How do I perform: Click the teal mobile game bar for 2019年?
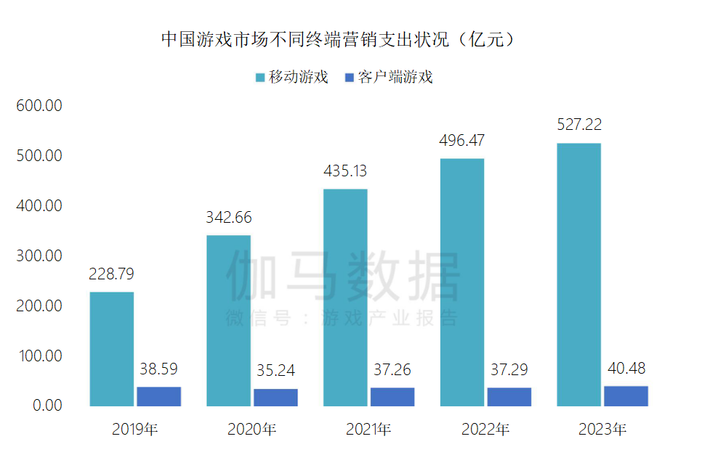(x=111, y=349)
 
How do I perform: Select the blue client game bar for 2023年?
(x=626, y=396)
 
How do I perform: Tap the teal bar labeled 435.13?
(x=345, y=297)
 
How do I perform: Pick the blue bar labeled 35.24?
(x=275, y=398)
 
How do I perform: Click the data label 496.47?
(x=461, y=140)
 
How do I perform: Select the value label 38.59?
(x=158, y=369)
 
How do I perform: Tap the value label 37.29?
(x=509, y=370)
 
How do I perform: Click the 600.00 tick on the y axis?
(x=39, y=106)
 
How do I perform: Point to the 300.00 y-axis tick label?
(x=39, y=256)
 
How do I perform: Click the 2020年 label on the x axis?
(x=251, y=430)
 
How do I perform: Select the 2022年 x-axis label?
(x=485, y=430)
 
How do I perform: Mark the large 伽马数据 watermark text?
(x=343, y=276)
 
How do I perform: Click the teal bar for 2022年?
(x=461, y=282)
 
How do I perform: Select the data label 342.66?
(x=228, y=217)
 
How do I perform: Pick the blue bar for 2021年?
(x=392, y=397)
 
